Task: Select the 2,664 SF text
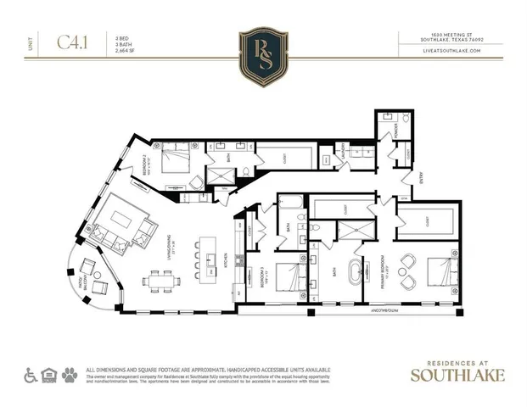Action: (127, 50)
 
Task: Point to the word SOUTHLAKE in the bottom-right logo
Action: (456, 374)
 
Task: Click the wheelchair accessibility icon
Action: (30, 374)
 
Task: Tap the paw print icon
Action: (70, 374)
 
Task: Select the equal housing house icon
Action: (50, 374)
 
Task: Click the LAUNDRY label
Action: (339, 154)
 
